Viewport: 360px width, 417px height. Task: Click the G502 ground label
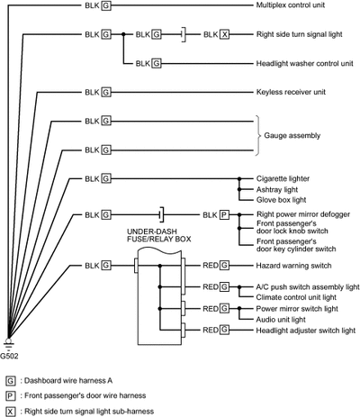pos(9,356)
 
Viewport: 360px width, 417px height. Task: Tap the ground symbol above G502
pos(8,345)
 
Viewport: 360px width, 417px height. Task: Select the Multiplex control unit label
pos(291,5)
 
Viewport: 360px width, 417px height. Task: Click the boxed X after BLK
pos(224,34)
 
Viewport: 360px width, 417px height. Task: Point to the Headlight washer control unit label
pos(304,64)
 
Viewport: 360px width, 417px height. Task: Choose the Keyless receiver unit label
pos(291,92)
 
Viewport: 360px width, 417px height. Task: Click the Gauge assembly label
pos(292,136)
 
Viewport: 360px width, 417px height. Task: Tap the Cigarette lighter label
pos(283,179)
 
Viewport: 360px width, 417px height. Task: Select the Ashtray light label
pos(277,190)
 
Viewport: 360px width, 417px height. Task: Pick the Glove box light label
pos(281,200)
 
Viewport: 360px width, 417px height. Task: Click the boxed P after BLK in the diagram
pos(224,215)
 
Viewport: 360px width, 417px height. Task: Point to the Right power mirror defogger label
pos(303,214)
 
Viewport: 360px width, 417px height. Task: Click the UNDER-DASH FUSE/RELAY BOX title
pos(159,235)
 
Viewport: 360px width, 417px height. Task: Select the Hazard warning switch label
pos(293,266)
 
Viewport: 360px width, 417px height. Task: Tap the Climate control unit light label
pos(296,297)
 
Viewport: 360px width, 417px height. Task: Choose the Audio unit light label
pos(281,320)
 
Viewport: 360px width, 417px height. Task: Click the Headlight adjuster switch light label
pos(306,331)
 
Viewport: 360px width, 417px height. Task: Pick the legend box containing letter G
pos(10,381)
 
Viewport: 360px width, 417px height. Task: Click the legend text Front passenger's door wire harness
pos(85,395)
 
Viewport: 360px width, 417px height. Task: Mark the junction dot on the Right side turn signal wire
pos(123,34)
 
